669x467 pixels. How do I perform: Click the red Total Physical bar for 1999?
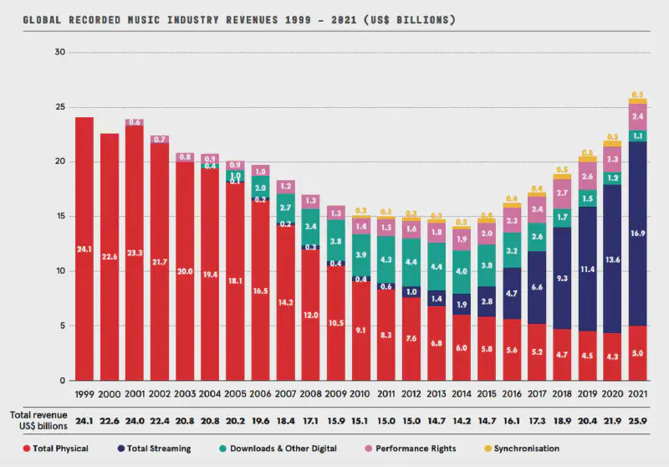84,249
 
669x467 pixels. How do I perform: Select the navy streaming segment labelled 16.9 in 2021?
637,233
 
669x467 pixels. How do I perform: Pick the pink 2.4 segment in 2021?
637,116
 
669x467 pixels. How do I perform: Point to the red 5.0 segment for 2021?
637,353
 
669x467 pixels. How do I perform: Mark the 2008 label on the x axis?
311,393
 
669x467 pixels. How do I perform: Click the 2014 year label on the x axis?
462,393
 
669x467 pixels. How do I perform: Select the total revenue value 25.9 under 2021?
637,416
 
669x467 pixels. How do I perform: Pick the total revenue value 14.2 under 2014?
462,416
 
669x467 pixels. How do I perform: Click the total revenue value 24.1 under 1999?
84,416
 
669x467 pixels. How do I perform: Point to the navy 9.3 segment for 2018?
562,278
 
